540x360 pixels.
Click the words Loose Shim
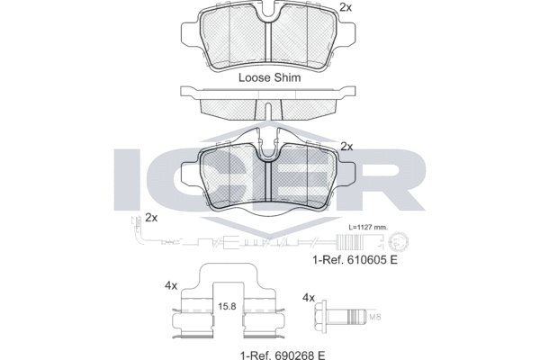click(x=269, y=77)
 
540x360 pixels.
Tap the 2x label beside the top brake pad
click(x=346, y=7)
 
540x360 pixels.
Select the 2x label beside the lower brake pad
click(x=346, y=147)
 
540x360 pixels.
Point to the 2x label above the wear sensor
click(x=151, y=218)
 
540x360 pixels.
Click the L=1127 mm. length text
click(x=368, y=228)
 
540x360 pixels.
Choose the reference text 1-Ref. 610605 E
click(x=355, y=260)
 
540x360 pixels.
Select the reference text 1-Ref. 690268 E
click(x=283, y=355)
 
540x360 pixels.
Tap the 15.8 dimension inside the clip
click(x=228, y=306)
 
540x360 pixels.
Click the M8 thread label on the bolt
click(x=374, y=317)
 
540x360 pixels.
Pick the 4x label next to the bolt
click(x=309, y=297)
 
